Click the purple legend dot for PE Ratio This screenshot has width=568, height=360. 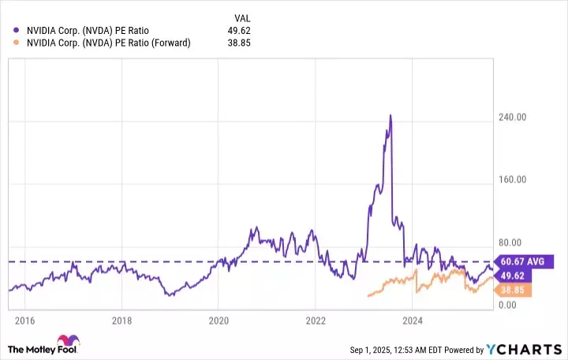tap(17, 30)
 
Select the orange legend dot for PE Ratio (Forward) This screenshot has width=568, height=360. tap(17, 43)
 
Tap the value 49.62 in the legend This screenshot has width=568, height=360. tap(237, 30)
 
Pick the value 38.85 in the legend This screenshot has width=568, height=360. tap(237, 43)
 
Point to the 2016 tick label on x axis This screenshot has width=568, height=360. tap(24, 321)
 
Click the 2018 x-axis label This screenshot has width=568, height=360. tap(121, 321)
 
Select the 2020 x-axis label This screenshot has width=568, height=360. tap(219, 321)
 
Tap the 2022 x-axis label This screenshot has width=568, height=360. tap(316, 321)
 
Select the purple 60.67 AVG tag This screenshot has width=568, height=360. tap(525, 261)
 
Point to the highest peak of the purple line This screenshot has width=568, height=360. tap(390, 115)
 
